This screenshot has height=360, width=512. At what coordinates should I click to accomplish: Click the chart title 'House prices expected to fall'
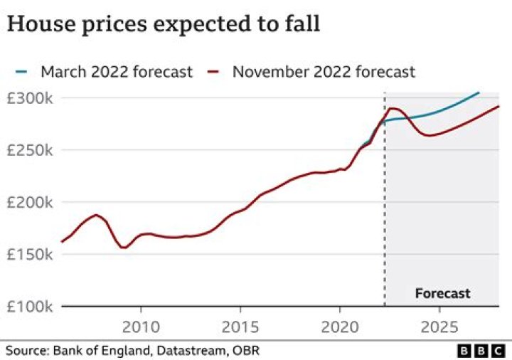pyautogui.click(x=164, y=24)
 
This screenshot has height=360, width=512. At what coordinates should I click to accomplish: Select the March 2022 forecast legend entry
pyautogui.click(x=103, y=72)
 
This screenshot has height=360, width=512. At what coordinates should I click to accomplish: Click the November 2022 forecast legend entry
pyautogui.click(x=311, y=72)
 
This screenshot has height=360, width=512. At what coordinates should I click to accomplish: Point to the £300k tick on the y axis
pyautogui.click(x=31, y=97)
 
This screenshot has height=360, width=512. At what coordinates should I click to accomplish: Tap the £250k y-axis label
pyautogui.click(x=31, y=150)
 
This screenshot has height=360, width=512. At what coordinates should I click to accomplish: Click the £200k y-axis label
pyautogui.click(x=31, y=202)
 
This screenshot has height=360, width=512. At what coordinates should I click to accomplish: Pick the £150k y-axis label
pyautogui.click(x=31, y=255)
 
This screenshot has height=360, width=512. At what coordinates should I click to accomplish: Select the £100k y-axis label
pyautogui.click(x=31, y=307)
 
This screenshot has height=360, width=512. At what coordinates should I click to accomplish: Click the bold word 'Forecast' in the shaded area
pyautogui.click(x=442, y=293)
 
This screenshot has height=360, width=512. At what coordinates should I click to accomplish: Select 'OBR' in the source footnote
pyautogui.click(x=247, y=350)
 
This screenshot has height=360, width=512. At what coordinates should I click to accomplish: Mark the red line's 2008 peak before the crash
pyautogui.click(x=96, y=214)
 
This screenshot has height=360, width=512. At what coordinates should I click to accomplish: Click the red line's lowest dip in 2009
pyautogui.click(x=124, y=248)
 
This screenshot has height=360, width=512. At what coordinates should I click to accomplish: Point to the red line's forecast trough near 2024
pyautogui.click(x=429, y=135)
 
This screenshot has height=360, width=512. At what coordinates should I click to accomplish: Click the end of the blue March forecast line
pyautogui.click(x=479, y=92)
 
